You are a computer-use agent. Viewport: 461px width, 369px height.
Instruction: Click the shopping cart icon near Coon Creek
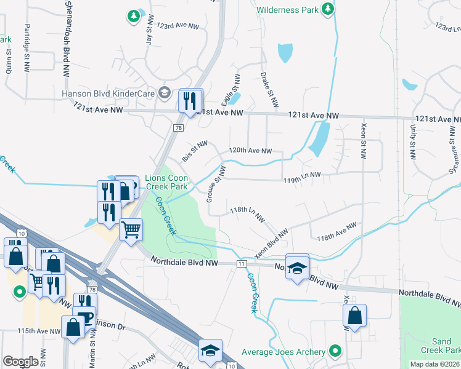click(131, 230)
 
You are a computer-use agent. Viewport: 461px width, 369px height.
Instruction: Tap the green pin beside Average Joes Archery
click(335, 351)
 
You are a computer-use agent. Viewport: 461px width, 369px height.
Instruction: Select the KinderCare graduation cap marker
click(164, 93)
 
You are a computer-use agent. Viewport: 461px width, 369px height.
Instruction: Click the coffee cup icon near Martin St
click(84, 317)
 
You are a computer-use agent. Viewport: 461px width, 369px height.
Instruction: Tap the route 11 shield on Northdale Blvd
click(242, 263)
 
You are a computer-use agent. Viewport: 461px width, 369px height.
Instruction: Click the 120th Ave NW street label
click(250, 151)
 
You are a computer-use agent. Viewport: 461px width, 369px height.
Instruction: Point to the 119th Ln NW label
click(302, 175)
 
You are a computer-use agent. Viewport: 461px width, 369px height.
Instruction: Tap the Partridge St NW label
click(27, 42)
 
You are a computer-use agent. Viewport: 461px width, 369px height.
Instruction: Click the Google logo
click(20, 362)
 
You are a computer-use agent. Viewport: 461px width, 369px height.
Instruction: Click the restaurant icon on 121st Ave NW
click(190, 100)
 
